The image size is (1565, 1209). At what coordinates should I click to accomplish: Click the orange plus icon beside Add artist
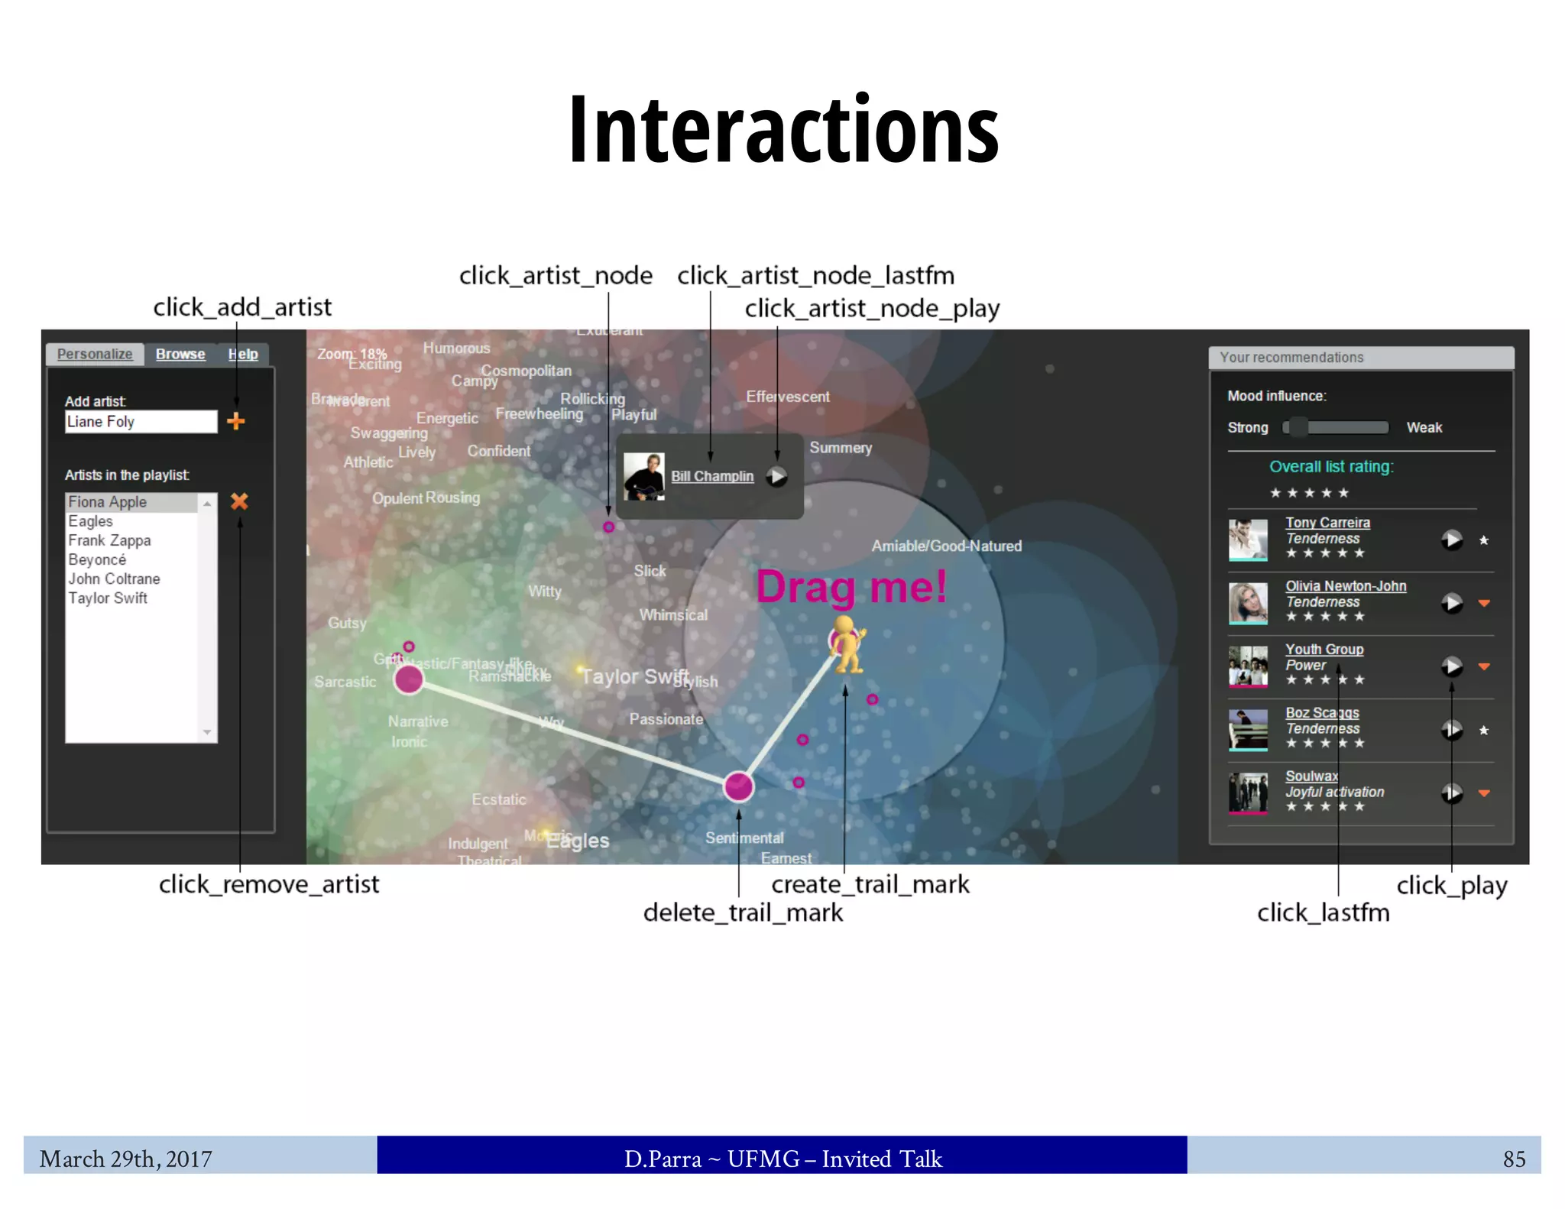236,421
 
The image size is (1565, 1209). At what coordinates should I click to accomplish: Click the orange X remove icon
239,501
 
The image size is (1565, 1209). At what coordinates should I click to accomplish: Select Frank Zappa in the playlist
109,540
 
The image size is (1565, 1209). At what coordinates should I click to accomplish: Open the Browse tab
180,354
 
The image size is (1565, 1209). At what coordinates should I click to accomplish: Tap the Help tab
243,354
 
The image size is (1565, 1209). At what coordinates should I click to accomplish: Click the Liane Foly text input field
141,422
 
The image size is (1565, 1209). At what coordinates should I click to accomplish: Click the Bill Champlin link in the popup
711,476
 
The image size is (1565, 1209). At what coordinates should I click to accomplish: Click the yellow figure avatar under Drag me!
847,643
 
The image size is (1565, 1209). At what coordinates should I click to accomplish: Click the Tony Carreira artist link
1327,523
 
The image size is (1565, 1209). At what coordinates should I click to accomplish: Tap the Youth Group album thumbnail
1248,666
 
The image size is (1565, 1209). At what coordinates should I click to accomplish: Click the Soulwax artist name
1311,776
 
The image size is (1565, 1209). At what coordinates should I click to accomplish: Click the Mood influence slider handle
1297,427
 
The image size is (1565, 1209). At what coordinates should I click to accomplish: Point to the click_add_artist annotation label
242,307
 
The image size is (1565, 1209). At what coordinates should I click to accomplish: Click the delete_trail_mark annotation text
743,912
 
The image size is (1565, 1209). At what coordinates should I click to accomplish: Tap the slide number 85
1514,1159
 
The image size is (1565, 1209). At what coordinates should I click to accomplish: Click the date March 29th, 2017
126,1159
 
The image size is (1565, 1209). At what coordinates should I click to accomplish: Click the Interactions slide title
784,128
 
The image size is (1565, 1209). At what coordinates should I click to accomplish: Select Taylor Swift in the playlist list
108,598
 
